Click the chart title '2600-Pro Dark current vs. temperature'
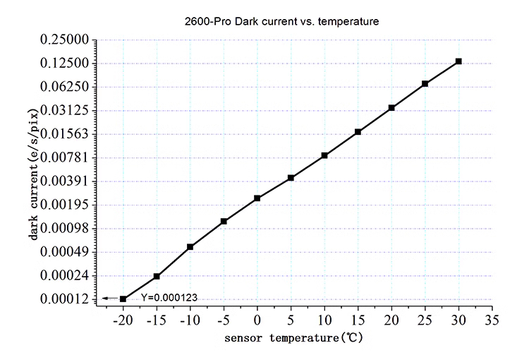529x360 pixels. pos(281,22)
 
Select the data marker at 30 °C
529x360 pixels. pos(458,61)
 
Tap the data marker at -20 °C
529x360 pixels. pos(123,299)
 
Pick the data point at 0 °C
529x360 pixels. pos(257,198)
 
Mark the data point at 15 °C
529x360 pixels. pos(358,132)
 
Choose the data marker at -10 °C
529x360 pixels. pos(190,247)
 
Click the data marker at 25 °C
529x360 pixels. pos(425,84)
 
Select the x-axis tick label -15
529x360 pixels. pos(156,321)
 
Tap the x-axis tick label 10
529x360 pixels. pos(324,321)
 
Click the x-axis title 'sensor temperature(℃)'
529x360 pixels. pos(294,339)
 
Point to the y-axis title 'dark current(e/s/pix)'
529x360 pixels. pos(33,169)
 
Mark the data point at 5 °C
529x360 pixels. pos(291,178)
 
